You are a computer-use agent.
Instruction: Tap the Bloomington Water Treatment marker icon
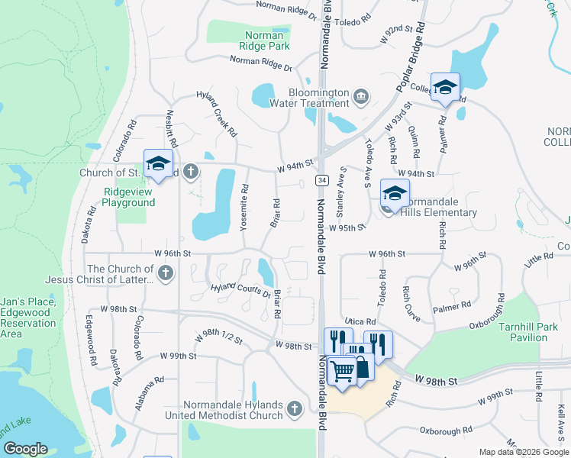(361, 97)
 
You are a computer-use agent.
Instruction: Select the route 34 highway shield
(322, 179)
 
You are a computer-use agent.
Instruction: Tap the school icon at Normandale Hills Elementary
(395, 192)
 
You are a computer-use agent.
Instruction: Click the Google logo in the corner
(25, 449)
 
